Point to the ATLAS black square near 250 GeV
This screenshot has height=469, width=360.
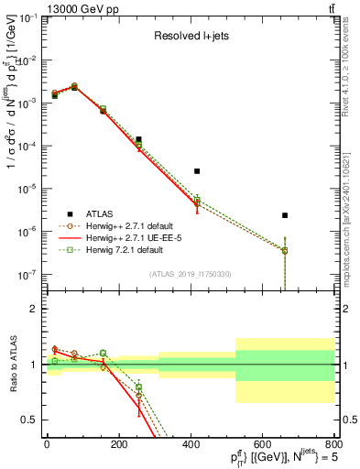(x=138, y=139)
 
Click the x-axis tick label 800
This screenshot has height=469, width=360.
(x=333, y=444)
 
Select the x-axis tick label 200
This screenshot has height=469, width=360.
(x=118, y=444)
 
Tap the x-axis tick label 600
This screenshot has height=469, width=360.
(x=262, y=444)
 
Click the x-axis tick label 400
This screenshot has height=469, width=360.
(x=191, y=444)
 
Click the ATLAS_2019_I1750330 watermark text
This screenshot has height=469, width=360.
(x=191, y=274)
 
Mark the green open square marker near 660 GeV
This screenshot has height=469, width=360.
(x=285, y=250)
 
